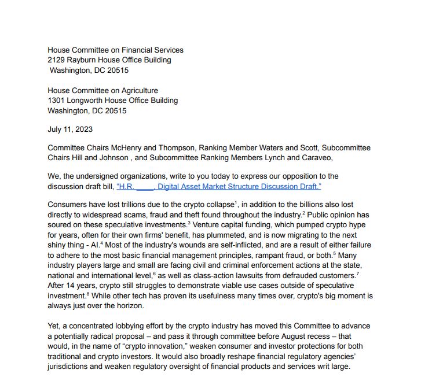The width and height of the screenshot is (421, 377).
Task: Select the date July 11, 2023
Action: pyautogui.click(x=70, y=130)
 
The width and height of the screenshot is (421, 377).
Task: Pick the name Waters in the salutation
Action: pyautogui.click(x=274, y=148)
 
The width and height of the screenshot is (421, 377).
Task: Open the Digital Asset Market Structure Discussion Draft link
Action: pyautogui.click(x=219, y=186)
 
